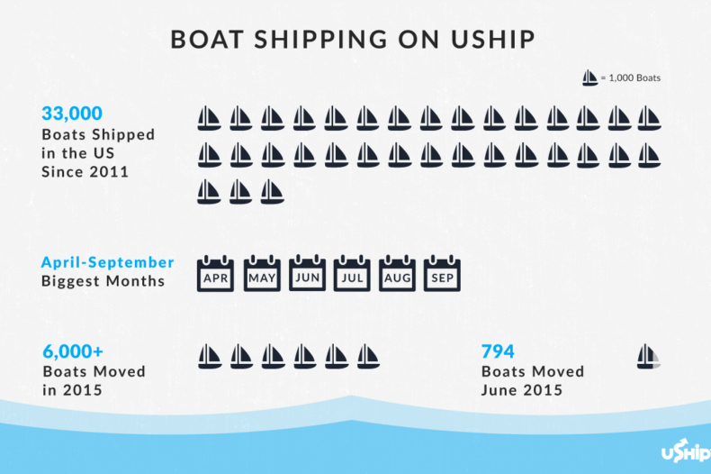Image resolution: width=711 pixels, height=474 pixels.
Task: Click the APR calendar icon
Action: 216,274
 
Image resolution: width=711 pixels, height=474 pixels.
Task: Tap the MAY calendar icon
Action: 262,274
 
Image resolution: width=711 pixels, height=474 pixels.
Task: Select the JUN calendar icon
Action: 308,274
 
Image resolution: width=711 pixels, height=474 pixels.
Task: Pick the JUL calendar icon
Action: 352,274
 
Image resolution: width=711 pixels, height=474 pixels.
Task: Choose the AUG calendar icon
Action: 398,274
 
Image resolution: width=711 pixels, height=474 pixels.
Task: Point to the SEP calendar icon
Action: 442,274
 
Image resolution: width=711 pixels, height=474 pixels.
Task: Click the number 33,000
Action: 72,114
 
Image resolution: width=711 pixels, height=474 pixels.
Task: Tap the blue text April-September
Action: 107,262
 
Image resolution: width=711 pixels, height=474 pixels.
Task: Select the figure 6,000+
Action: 75,352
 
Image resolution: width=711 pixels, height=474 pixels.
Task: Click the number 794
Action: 498,352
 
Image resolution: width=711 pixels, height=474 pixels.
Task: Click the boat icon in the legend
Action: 589,78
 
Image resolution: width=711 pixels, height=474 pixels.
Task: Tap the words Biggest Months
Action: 103,280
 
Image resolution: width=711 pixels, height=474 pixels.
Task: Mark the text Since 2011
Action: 85,171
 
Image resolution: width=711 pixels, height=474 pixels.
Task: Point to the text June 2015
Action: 522,390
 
